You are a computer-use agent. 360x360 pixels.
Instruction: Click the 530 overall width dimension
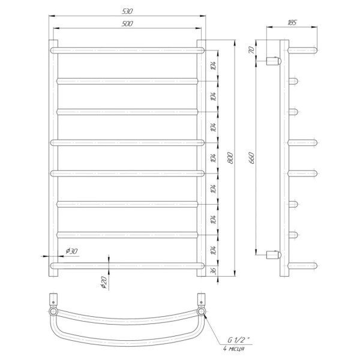tap(127, 11)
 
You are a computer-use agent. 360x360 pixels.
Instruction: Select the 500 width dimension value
tap(127, 23)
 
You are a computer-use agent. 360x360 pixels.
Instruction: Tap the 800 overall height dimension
tap(230, 158)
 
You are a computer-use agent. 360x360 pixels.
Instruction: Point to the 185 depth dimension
tap(292, 23)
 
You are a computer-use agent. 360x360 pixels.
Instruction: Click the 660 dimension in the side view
tap(252, 158)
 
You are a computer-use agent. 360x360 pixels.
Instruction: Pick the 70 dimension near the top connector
tap(252, 50)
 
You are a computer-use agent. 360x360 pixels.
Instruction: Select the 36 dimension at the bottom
tap(214, 271)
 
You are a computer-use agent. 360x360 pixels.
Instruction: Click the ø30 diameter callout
tap(72, 251)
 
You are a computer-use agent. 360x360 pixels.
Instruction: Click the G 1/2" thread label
tap(239, 340)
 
